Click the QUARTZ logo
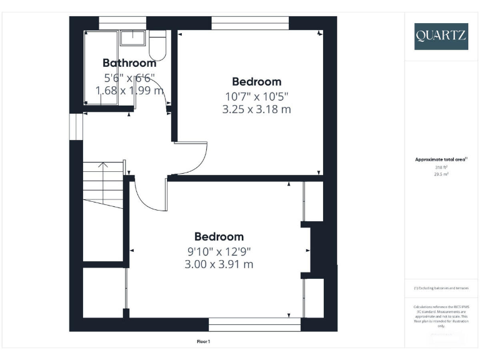tap(440, 36)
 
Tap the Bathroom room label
tap(129, 63)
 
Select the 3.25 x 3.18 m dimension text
tap(256, 109)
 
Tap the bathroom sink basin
tap(132, 37)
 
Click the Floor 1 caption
tap(204, 341)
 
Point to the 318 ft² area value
tap(441, 167)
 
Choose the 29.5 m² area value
tap(441, 174)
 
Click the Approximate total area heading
tap(441, 160)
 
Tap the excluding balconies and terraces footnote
tap(441, 288)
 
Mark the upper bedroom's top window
tap(250, 23)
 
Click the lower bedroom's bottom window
tap(254, 324)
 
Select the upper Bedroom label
tap(256, 81)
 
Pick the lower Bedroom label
tap(219, 237)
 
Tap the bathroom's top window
tap(122, 23)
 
